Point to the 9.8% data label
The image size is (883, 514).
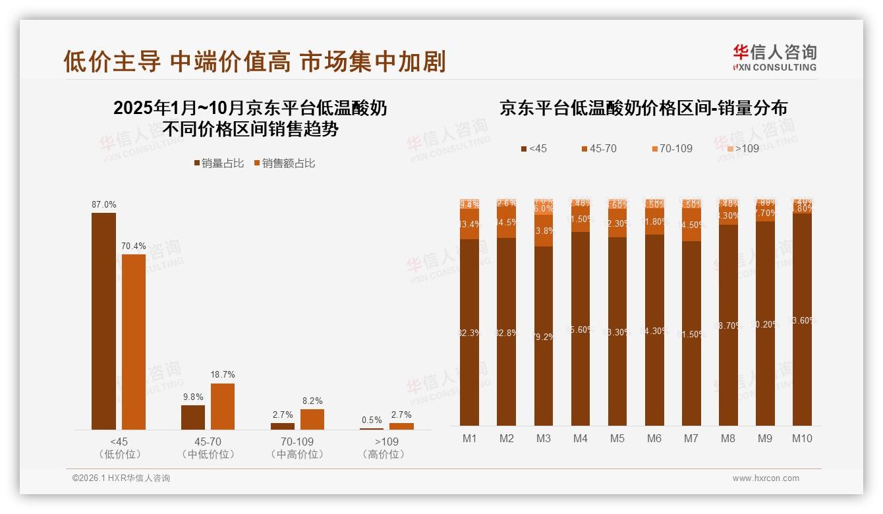point(193,397)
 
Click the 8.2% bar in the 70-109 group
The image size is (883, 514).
point(312,419)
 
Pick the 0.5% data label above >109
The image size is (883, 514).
point(372,420)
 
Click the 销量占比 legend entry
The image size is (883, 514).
point(218,163)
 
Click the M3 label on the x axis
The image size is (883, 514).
point(544,438)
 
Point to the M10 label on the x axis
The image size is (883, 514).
point(802,438)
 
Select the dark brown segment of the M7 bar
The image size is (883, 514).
point(691,333)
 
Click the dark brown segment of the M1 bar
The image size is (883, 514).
point(470,332)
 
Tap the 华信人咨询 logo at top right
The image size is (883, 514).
point(774,57)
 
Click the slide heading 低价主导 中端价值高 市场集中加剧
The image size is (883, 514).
point(254,61)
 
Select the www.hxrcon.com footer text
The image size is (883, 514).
point(766,478)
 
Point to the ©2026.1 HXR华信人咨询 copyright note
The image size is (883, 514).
point(121,478)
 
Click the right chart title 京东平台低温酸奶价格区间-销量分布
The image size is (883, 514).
point(643,108)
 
